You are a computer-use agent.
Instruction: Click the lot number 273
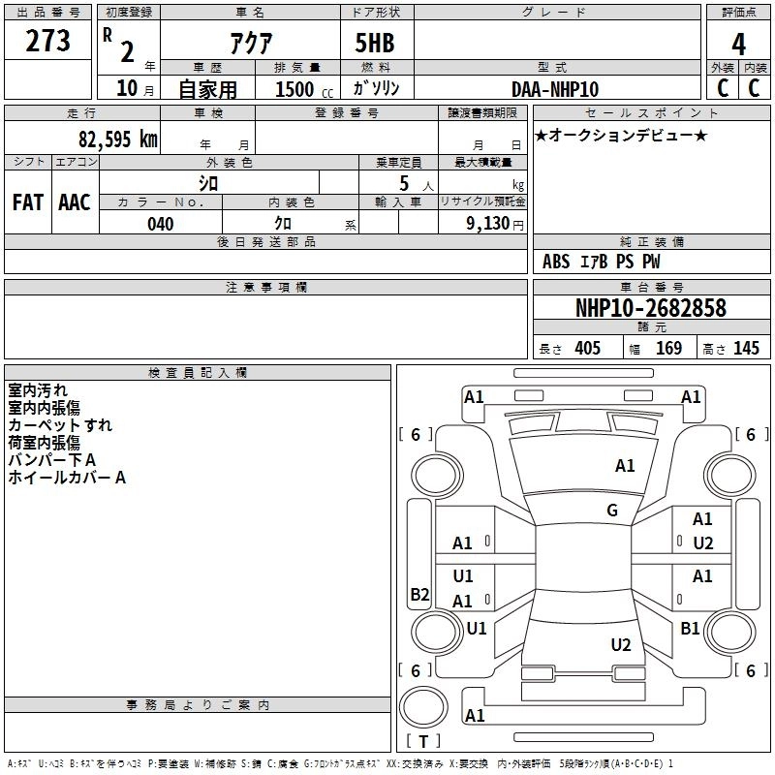[48, 42]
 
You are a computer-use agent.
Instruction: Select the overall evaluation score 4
[738, 44]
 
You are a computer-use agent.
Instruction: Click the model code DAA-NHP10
[555, 89]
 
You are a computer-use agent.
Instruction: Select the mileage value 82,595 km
[118, 139]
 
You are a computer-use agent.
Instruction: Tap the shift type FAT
[27, 202]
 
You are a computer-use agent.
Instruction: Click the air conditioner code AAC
[75, 202]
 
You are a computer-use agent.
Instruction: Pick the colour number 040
[161, 224]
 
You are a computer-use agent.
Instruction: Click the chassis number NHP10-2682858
[650, 308]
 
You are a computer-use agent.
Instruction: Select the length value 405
[587, 349]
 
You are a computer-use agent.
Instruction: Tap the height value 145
[745, 349]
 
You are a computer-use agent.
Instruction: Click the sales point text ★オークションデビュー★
[620, 136]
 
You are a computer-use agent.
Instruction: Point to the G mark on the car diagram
[612, 511]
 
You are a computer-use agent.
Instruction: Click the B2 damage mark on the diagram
[419, 595]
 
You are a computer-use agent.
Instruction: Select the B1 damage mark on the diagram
[690, 629]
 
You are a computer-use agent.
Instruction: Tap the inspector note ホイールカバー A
[67, 478]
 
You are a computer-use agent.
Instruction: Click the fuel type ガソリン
[377, 88]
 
